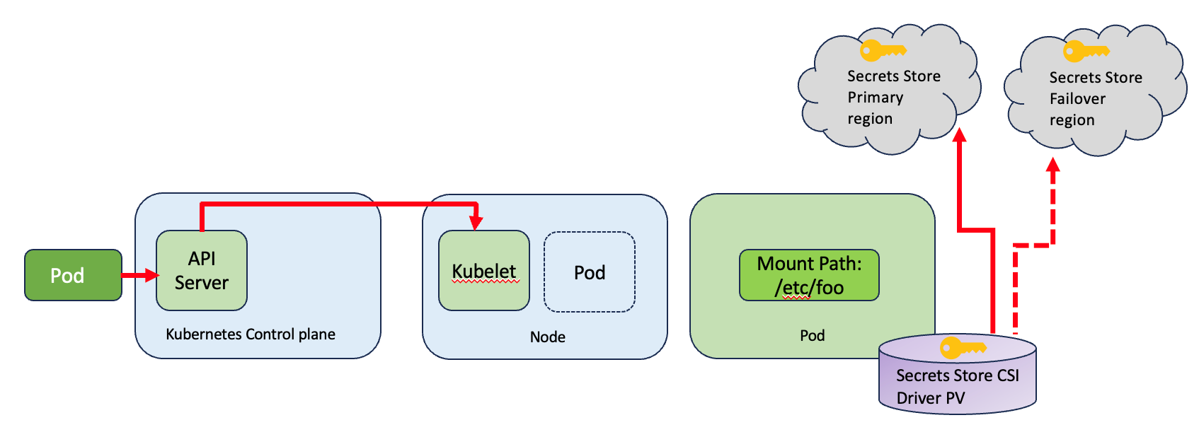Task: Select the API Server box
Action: (x=202, y=271)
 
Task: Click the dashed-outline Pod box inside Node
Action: (x=589, y=272)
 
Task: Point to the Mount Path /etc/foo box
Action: (x=809, y=275)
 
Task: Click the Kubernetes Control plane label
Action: (x=251, y=334)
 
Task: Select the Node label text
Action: (x=547, y=337)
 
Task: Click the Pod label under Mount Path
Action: (x=812, y=335)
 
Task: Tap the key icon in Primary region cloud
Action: (x=882, y=51)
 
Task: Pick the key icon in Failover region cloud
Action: (x=1085, y=52)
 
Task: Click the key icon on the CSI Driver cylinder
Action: (x=962, y=347)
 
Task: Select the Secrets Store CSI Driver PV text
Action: (x=957, y=386)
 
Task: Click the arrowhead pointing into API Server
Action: (x=152, y=275)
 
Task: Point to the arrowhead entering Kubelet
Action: (x=476, y=223)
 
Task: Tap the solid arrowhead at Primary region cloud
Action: (x=960, y=135)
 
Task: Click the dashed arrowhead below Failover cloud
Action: (x=1053, y=165)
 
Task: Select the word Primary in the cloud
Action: (x=875, y=97)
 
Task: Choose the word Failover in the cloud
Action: (x=1077, y=98)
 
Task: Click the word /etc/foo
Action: (x=809, y=287)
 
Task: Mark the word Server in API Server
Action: (x=202, y=283)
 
